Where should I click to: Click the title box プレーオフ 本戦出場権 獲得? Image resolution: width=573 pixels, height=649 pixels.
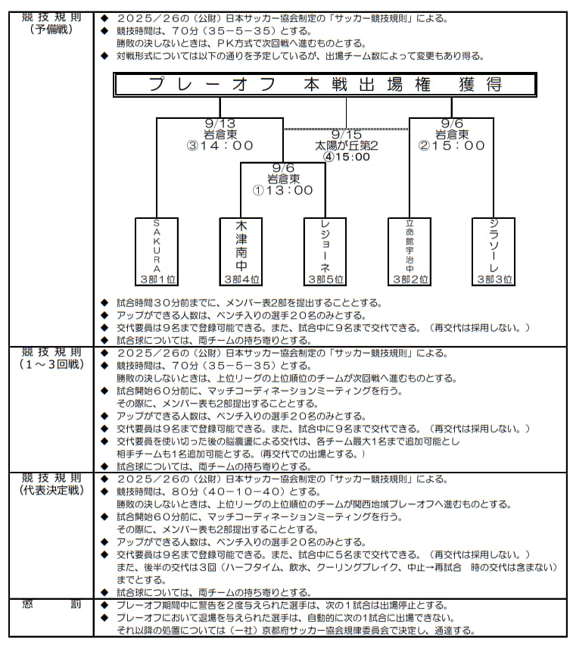tap(325, 85)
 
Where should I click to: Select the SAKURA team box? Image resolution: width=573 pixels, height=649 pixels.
tap(157, 251)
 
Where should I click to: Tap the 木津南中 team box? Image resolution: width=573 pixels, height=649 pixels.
tap(241, 251)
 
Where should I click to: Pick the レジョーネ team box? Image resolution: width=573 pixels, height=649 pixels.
tap(325, 251)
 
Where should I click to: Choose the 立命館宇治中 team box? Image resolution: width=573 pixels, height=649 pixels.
tap(410, 251)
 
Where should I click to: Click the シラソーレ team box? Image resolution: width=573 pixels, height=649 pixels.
tap(494, 251)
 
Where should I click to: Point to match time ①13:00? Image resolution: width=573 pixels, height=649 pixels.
tap(283, 190)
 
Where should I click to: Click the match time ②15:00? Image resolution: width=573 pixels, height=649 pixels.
tap(451, 145)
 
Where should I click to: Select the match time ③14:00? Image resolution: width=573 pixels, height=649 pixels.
tap(220, 145)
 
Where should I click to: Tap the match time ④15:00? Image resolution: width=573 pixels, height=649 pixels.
tap(347, 157)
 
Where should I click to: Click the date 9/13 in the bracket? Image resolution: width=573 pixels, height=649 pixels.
tap(220, 123)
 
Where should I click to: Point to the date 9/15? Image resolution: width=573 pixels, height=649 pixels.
tap(347, 135)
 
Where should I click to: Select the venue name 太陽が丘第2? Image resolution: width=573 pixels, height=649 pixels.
tap(347, 145)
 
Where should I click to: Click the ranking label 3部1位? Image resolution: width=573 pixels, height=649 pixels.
tap(157, 279)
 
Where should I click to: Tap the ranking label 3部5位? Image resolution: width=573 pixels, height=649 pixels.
tap(326, 279)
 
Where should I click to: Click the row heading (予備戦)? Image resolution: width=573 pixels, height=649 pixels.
tap(51, 30)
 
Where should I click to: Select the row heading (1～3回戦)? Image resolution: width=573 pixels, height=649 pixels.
tap(51, 364)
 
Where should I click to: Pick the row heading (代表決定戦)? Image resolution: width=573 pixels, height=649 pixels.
tap(51, 490)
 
